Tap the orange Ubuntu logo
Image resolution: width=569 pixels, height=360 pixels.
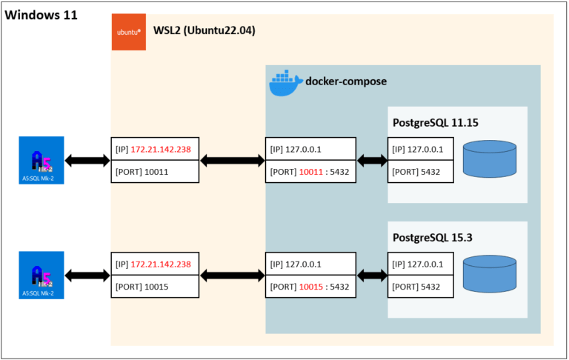point(129,33)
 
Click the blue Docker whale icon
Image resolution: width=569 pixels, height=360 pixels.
point(284,83)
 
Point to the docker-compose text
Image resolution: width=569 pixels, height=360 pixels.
point(346,81)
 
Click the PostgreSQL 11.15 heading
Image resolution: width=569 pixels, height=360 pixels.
point(436,121)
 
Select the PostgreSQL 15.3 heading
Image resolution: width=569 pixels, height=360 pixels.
point(430,236)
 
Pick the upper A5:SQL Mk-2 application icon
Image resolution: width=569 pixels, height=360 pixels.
point(43,160)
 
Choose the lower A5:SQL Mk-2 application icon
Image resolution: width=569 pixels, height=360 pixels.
point(43,275)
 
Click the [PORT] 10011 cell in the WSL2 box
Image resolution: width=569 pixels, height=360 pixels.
point(155,172)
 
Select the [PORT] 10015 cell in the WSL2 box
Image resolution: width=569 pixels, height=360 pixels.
point(155,287)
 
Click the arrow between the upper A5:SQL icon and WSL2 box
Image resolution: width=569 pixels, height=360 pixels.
point(87,160)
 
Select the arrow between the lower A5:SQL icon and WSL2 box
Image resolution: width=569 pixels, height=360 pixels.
point(87,275)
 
